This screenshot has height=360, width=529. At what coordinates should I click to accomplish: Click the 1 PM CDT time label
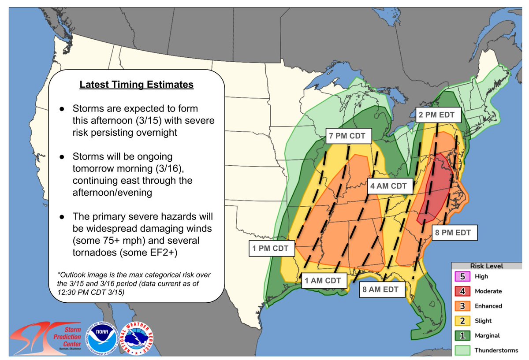270,249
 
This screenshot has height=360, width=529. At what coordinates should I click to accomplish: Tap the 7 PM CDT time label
347,136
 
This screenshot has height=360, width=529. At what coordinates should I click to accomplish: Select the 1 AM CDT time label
324,280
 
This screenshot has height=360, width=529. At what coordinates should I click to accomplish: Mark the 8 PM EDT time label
454,232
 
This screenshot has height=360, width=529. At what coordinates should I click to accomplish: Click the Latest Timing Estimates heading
136,84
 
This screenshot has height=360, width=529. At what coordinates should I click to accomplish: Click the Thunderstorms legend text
496,350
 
